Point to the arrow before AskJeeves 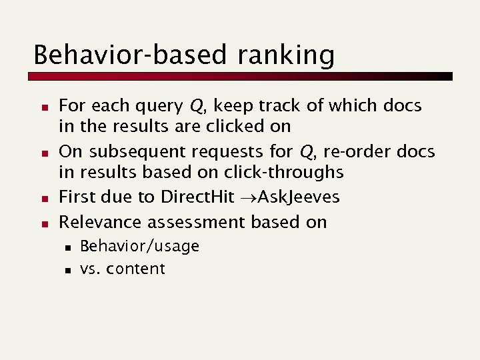(248, 198)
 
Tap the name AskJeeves (299, 197)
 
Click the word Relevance (100, 222)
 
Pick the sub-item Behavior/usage (139, 247)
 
